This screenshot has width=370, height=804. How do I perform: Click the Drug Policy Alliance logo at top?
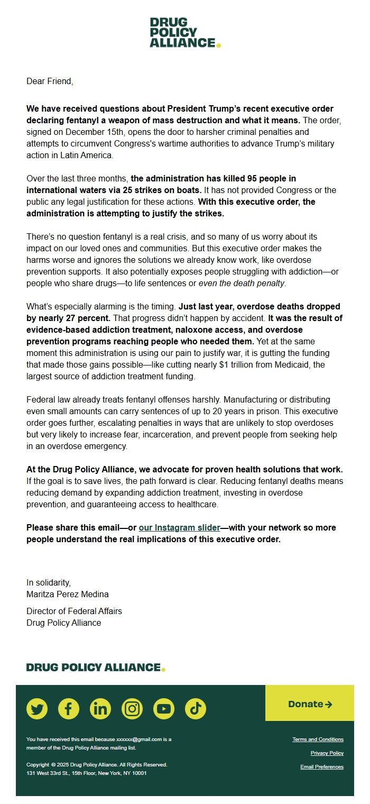pos(184,32)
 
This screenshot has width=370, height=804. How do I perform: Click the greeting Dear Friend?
pos(50,81)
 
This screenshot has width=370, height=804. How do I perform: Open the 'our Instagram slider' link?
pos(179,527)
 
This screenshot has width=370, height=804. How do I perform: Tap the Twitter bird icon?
pos(37,708)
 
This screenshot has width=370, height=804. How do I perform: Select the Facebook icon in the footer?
pos(69,708)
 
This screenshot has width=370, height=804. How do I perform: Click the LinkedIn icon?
pos(100,708)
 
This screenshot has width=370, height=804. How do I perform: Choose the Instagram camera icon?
pos(132,708)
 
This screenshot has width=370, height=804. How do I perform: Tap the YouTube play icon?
pos(164,708)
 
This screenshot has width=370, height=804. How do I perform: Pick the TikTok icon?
pos(196,708)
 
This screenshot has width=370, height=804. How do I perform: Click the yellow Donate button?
pos(310,704)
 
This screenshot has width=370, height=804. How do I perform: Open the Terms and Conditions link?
pos(318,739)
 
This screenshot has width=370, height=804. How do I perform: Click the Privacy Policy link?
pos(327,753)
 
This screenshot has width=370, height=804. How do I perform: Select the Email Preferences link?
pos(321,767)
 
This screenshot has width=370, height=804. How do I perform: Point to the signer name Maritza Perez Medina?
pos(68,594)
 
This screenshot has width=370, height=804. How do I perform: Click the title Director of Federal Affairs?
pos(74,611)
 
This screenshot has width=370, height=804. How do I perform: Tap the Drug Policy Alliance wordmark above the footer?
pos(96,668)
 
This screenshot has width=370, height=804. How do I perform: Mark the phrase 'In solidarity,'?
pos(49,582)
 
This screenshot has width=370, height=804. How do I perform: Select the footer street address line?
pos(87,773)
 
